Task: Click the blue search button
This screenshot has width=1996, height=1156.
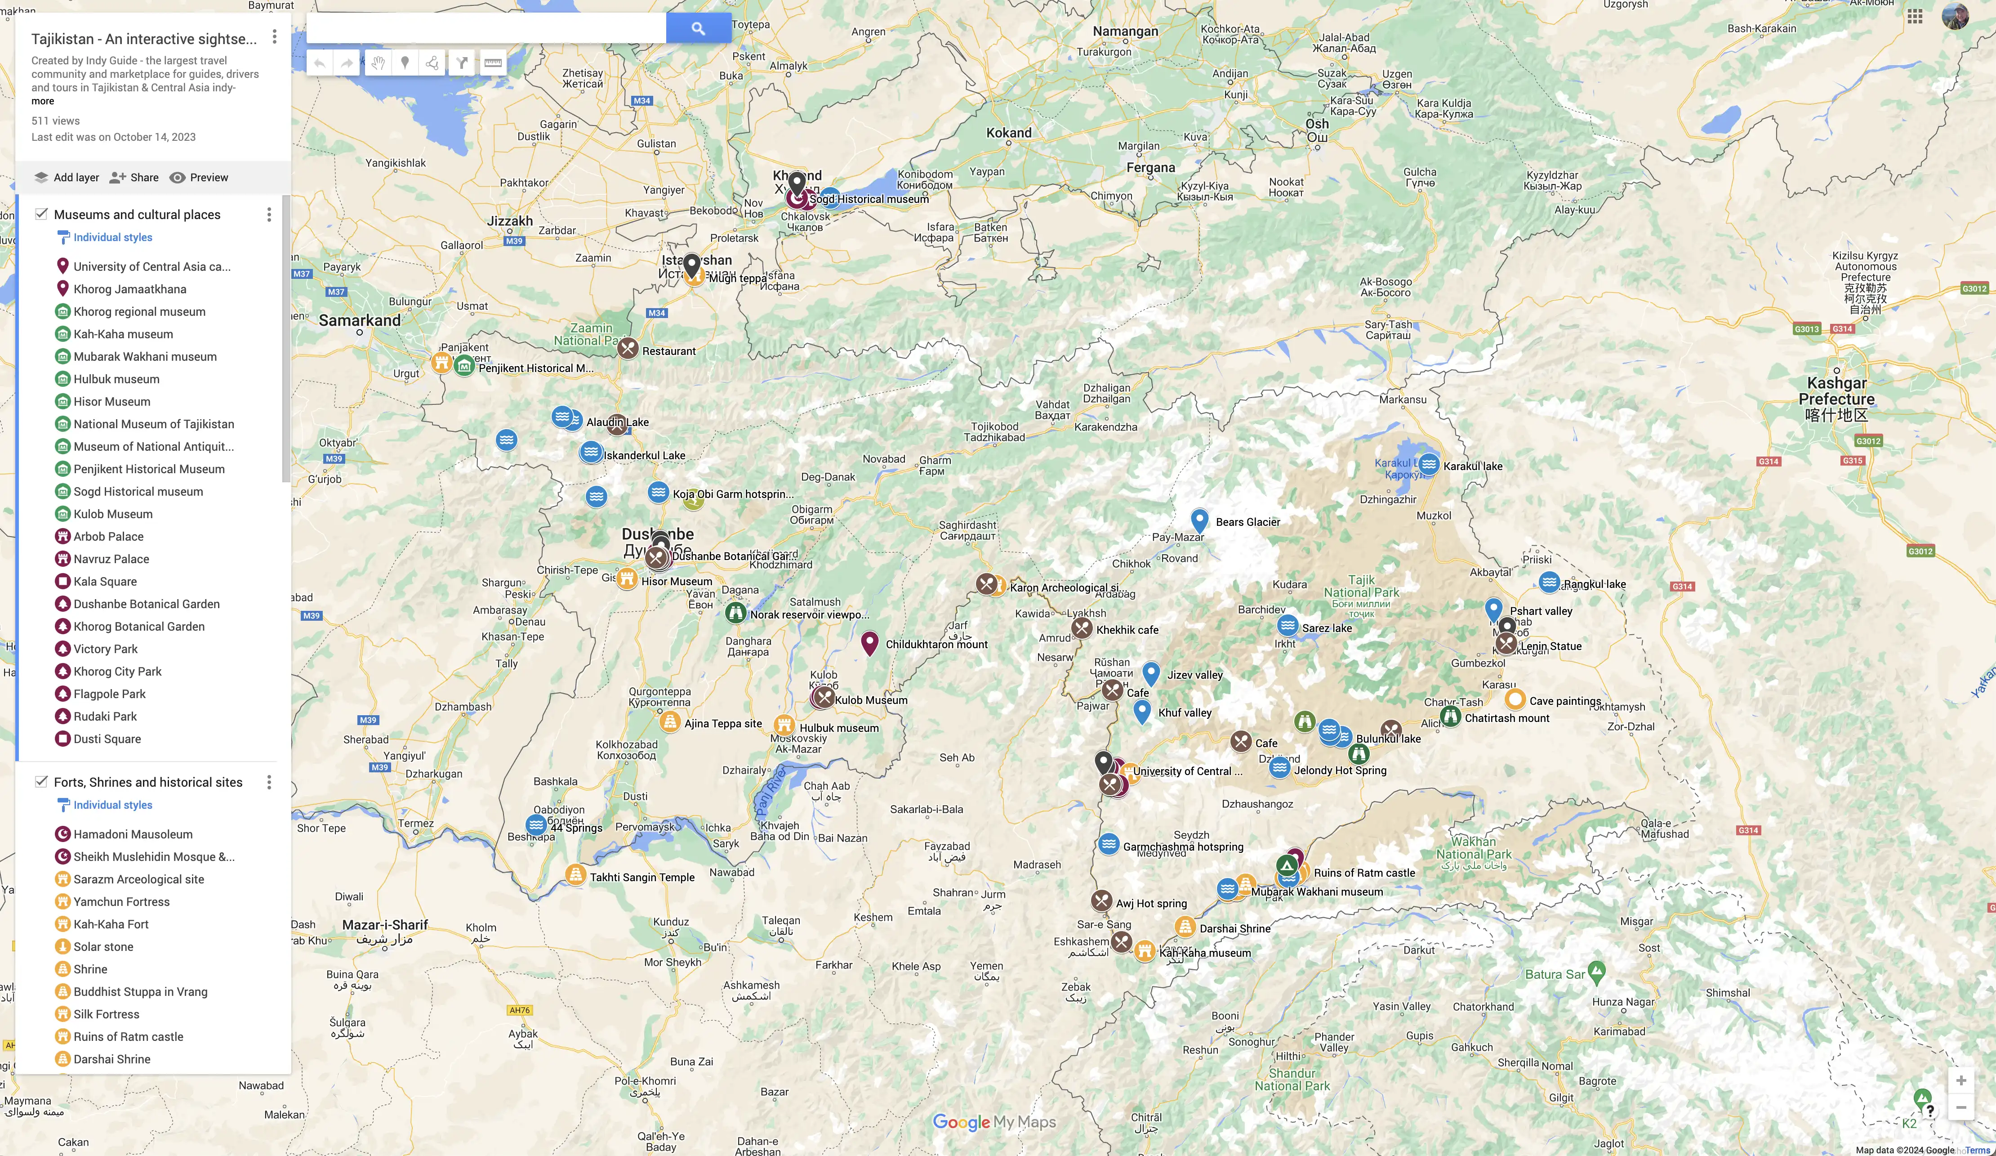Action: [698, 28]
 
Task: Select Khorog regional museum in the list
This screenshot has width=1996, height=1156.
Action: [139, 311]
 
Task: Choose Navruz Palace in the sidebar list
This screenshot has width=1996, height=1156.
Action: [111, 559]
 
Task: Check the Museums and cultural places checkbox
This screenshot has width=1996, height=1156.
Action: [41, 214]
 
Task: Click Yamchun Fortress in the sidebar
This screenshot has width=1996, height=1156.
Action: [121, 902]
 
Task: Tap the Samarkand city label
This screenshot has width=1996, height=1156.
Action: [360, 320]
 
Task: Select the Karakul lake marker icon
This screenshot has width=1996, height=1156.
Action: [1429, 464]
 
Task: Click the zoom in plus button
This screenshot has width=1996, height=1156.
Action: [1961, 1081]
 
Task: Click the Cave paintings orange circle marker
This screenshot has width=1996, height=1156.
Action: [1515, 699]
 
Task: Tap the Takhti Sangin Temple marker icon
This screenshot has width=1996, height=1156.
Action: [576, 875]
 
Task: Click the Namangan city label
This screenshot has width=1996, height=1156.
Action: [1125, 31]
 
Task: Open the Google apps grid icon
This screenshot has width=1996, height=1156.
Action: [1915, 17]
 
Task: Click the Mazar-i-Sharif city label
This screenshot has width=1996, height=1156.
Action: [385, 925]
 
